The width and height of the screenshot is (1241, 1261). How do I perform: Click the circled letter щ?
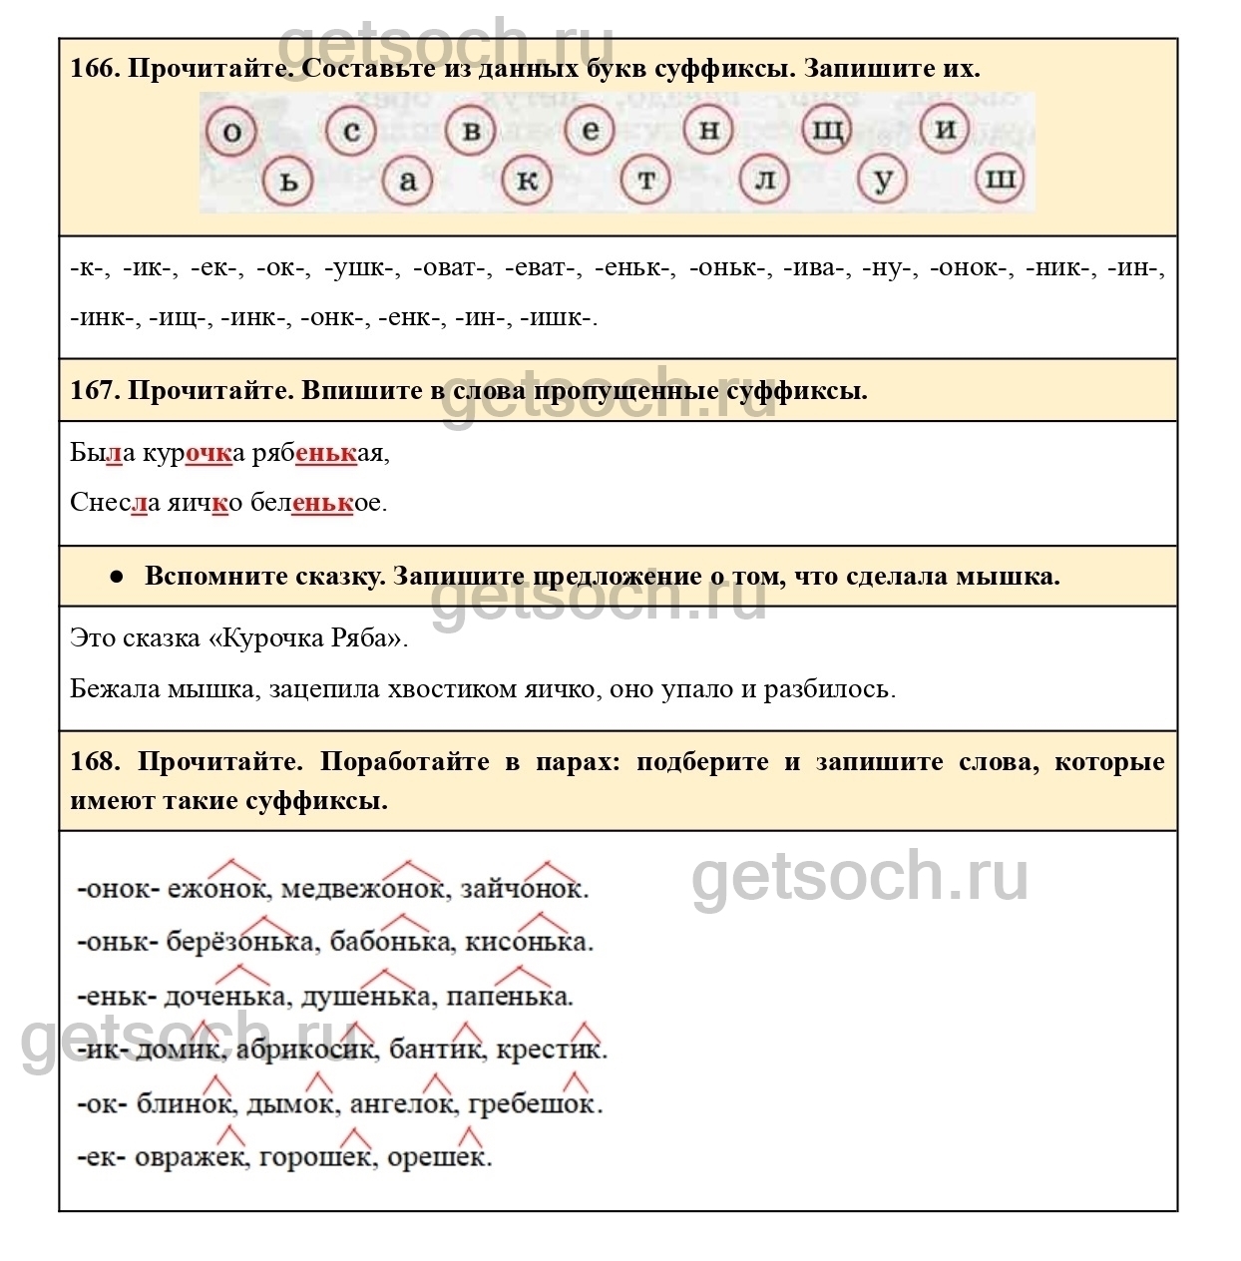coord(827,130)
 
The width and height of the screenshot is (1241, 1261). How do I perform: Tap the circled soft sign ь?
coord(288,182)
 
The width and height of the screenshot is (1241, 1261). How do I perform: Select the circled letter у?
coord(883,181)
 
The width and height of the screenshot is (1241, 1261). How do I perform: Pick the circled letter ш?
coord(1000,180)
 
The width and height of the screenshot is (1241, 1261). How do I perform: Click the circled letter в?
coord(471,132)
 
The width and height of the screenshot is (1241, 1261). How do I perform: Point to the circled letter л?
coord(765,181)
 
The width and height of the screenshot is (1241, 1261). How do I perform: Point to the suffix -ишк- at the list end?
coord(558,317)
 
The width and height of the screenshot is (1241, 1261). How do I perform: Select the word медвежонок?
coord(363,889)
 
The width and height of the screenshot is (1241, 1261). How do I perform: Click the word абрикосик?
coord(306,1051)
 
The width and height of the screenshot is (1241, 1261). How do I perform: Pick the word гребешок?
coord(534,1105)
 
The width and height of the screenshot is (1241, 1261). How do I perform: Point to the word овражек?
coord(191,1158)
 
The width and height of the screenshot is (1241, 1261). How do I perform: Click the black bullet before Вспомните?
coord(117,577)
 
